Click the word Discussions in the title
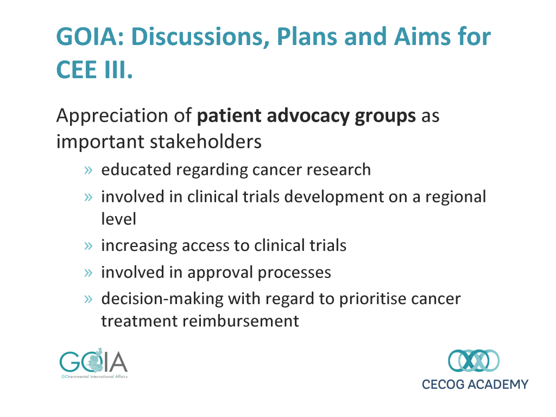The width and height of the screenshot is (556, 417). pyautogui.click(x=200, y=37)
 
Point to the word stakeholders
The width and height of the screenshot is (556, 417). pyautogui.click(x=206, y=142)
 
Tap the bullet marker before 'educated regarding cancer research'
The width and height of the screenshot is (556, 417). pyautogui.click(x=89, y=170)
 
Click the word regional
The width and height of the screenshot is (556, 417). pyautogui.click(x=456, y=197)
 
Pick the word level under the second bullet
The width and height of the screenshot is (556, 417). pyautogui.click(x=118, y=219)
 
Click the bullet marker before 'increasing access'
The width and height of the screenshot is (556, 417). pyautogui.click(x=89, y=246)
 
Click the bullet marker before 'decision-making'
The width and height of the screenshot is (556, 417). pyautogui.click(x=89, y=299)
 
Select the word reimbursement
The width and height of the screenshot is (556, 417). pyautogui.click(x=241, y=321)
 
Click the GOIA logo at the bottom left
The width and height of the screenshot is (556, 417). pyautogui.click(x=93, y=363)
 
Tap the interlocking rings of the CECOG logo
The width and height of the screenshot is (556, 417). pyautogui.click(x=473, y=361)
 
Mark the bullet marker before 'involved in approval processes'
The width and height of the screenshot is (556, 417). pyautogui.click(x=89, y=273)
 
